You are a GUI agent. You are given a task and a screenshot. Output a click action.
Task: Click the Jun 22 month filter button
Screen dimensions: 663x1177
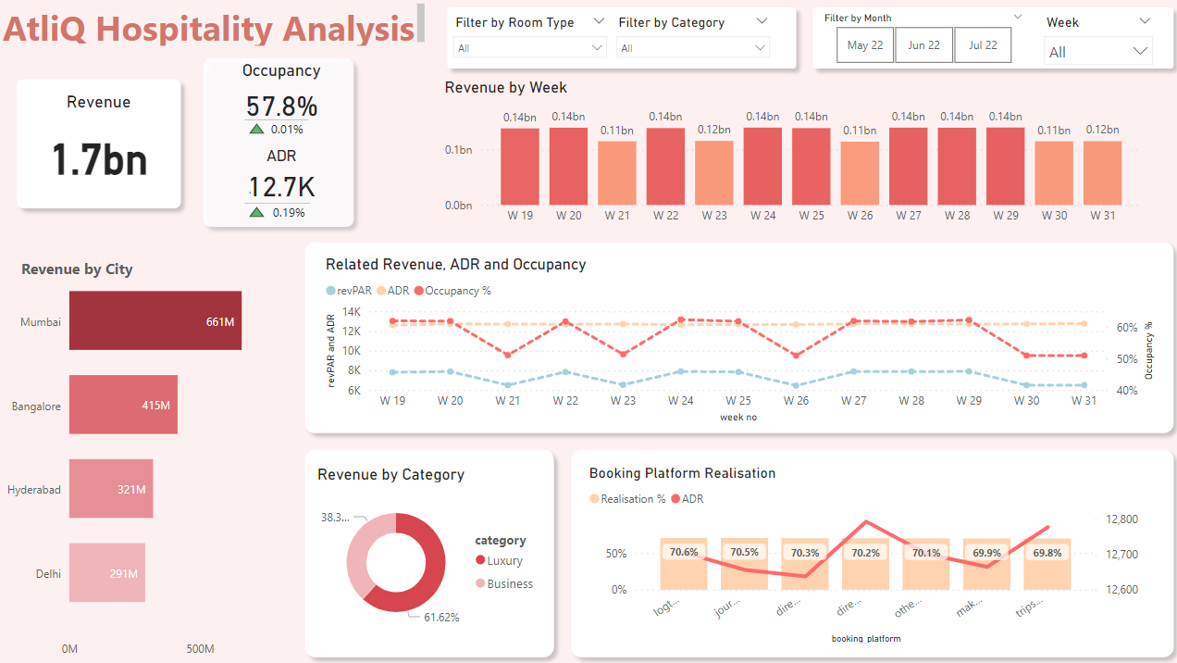(x=923, y=45)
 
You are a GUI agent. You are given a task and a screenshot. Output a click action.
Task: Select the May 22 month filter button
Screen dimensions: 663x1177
(x=865, y=45)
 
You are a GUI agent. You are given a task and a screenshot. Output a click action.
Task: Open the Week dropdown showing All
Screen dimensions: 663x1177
(x=1097, y=52)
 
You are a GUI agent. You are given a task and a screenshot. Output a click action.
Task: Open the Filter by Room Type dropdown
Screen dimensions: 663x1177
(x=529, y=47)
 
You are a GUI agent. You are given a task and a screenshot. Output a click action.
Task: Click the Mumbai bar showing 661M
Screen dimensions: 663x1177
(x=155, y=321)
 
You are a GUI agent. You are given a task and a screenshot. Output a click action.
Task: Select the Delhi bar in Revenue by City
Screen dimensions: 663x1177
(x=106, y=573)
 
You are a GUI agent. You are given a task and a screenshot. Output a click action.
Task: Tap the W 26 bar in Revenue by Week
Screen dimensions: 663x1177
(x=860, y=173)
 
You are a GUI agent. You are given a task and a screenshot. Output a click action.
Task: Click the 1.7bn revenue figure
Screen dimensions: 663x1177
(x=99, y=160)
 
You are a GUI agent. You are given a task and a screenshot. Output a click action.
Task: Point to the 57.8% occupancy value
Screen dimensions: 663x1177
(x=281, y=106)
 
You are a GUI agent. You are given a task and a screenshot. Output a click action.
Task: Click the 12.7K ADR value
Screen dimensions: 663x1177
(x=281, y=187)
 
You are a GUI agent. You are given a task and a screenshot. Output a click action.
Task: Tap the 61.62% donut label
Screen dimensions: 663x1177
(x=441, y=617)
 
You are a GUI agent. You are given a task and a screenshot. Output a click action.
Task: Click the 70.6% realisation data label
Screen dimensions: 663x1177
(x=683, y=552)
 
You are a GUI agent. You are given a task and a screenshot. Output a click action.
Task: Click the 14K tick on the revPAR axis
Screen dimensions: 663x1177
(x=351, y=312)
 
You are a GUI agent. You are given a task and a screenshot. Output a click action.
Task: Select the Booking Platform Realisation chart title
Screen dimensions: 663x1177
(x=682, y=473)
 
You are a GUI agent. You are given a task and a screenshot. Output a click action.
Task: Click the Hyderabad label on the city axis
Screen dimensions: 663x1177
(x=34, y=489)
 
